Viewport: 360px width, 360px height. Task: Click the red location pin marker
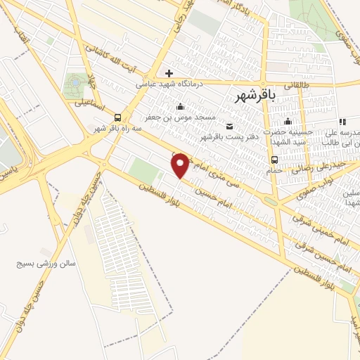pos(181,165)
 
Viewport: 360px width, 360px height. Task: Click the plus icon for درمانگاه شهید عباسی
pos(169,72)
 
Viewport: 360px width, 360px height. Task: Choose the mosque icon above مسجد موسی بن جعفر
pos(181,107)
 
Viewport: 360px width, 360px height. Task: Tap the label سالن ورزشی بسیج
pos(46,264)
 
